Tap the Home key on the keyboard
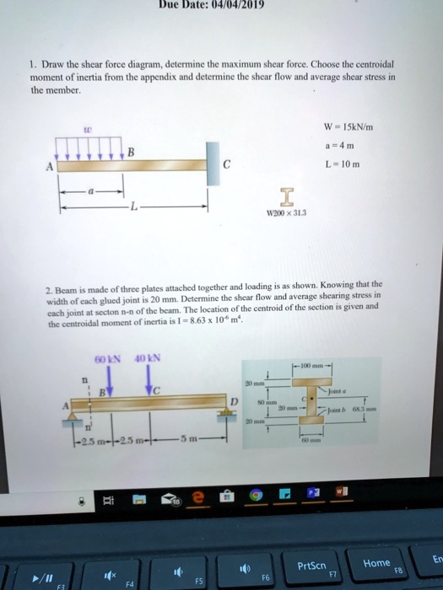pyautogui.click(x=376, y=562)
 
